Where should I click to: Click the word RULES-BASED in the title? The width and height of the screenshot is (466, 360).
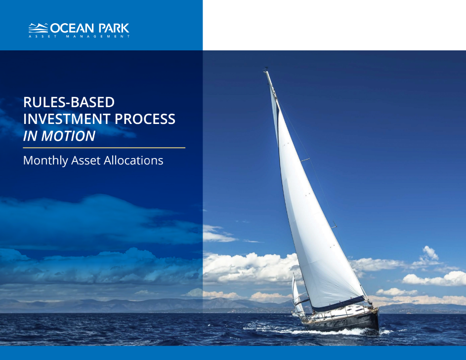(69, 102)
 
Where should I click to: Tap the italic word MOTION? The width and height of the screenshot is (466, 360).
(69, 136)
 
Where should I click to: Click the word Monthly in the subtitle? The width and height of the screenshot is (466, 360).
(44, 160)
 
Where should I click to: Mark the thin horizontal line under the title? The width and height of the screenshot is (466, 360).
(104, 148)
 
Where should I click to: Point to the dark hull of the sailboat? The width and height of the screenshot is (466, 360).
(346, 323)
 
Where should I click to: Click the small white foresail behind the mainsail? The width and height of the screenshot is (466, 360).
(297, 291)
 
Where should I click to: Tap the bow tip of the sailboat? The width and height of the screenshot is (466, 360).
(378, 309)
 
